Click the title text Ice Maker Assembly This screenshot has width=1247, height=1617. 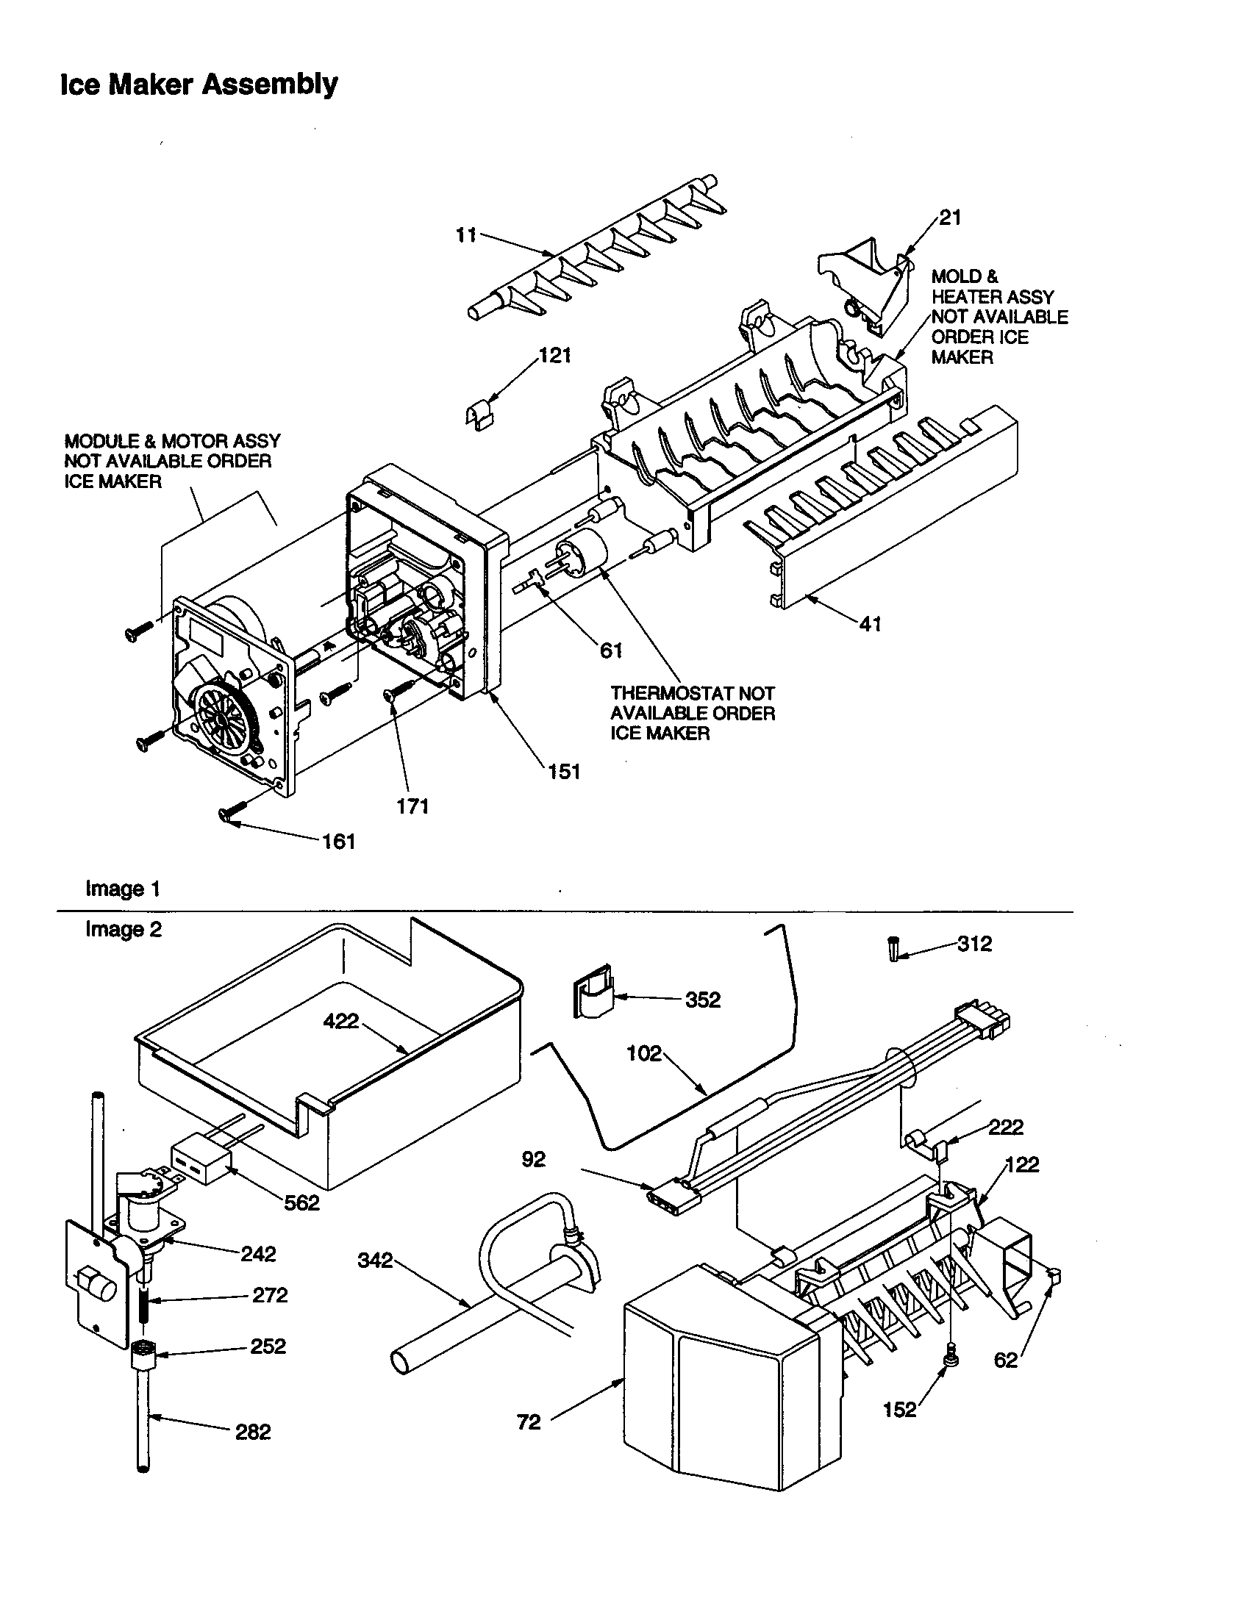[199, 85]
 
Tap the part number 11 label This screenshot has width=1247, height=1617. [465, 237]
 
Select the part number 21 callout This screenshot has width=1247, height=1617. [950, 218]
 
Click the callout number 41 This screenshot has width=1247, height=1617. [871, 624]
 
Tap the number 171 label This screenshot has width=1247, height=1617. [412, 806]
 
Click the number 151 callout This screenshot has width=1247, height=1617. [563, 772]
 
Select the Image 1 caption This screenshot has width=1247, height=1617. [123, 889]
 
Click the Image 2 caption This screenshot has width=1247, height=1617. [123, 929]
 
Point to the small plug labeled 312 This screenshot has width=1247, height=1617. [895, 948]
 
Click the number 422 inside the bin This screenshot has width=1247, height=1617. [340, 1022]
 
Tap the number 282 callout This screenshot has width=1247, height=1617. [253, 1432]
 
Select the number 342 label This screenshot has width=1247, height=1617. [375, 1260]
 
